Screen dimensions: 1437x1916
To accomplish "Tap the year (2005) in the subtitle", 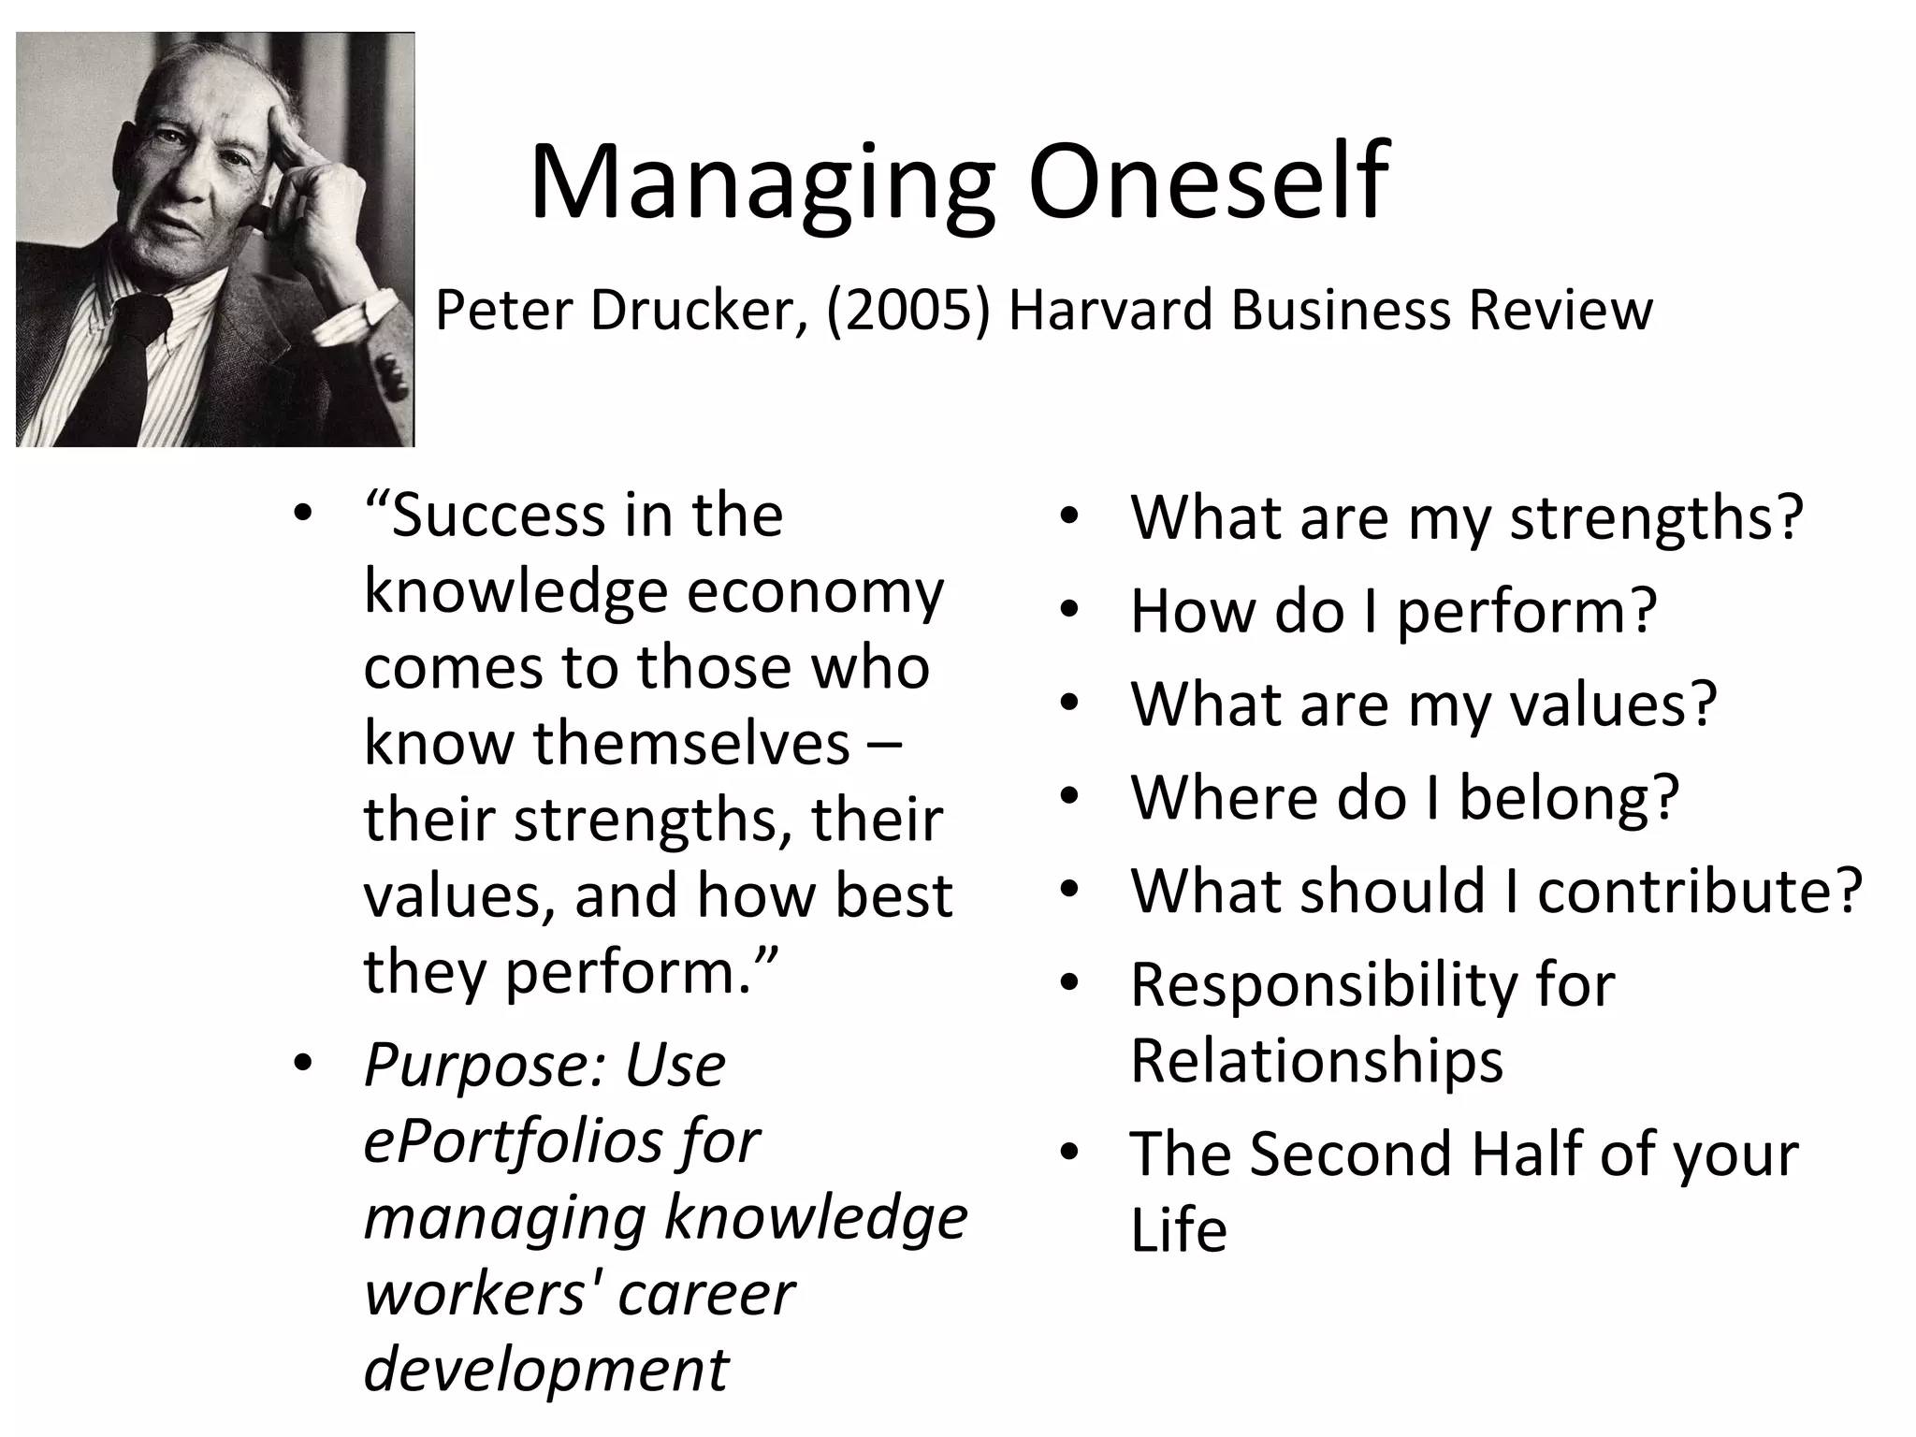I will point(907,310).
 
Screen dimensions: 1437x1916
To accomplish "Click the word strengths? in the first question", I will point(1656,518).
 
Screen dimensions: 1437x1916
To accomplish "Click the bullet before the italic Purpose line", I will point(301,1065).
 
